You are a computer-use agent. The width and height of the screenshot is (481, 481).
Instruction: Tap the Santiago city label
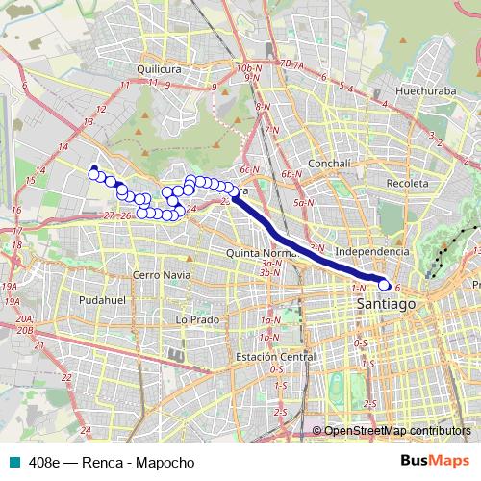pyautogui.click(x=384, y=303)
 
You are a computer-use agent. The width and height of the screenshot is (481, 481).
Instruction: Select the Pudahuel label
pyautogui.click(x=102, y=300)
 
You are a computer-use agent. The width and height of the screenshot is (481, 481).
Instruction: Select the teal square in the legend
pyautogui.click(x=13, y=462)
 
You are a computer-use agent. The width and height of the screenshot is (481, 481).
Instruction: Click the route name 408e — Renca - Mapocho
pyautogui.click(x=112, y=462)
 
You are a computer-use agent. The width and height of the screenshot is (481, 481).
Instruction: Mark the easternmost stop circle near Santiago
pyautogui.click(x=385, y=284)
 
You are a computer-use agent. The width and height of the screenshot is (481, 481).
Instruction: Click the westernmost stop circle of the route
pyautogui.click(x=93, y=171)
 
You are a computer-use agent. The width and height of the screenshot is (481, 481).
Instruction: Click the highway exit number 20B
pyautogui.click(x=25, y=330)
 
